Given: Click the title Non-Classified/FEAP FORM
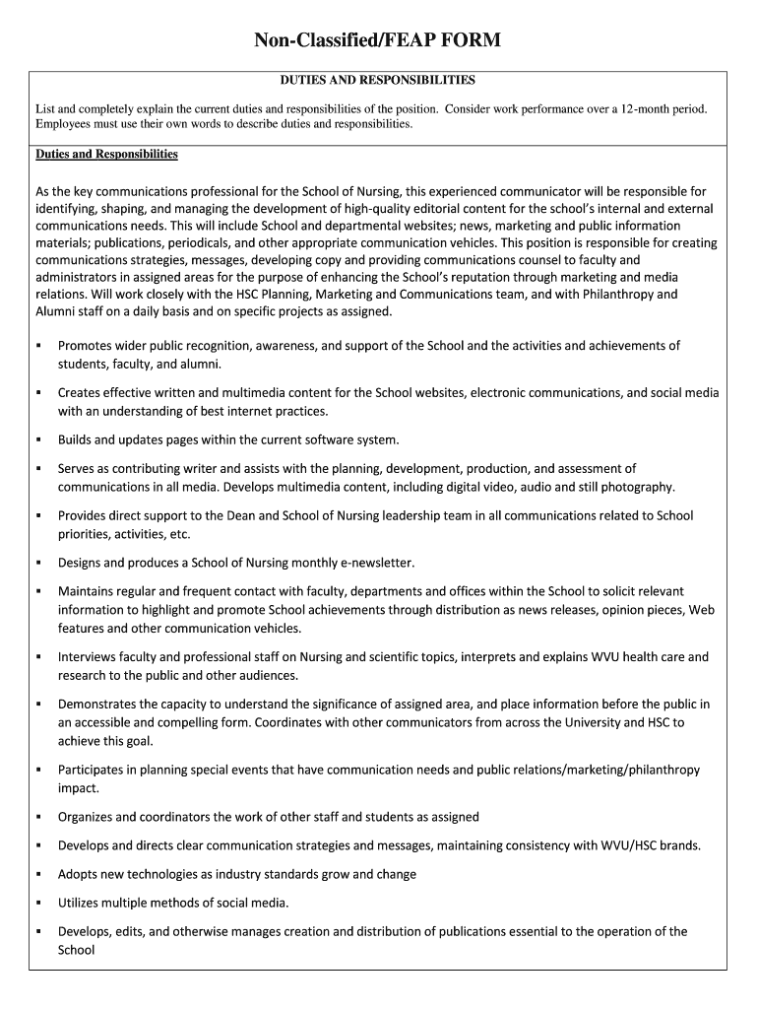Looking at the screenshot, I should [378, 40].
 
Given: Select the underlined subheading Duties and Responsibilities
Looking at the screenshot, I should [106, 155].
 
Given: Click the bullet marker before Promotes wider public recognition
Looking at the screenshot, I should [38, 346].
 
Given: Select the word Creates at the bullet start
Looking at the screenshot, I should [80, 393].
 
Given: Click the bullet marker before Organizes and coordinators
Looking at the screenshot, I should [38, 817].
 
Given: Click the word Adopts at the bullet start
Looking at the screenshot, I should [78, 874].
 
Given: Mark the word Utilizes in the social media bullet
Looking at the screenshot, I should [80, 903].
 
